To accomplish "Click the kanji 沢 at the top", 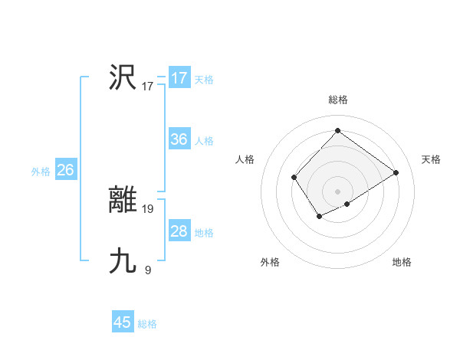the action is (123, 77).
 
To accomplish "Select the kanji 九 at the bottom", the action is (123, 261).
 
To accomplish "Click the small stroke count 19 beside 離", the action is (149, 208).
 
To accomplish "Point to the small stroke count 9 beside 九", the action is (148, 270).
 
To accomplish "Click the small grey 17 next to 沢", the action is (148, 87).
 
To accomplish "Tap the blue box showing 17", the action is (179, 78).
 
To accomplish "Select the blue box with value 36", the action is (179, 139).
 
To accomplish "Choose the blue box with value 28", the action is (179, 231).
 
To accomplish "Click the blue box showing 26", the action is (65, 170).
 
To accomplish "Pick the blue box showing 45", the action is (122, 322).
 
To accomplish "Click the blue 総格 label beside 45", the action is (147, 324).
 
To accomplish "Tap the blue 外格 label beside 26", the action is (41, 172).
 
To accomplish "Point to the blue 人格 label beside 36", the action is (204, 141).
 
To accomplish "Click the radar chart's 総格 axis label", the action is (337, 100).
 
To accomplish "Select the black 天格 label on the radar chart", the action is (431, 159).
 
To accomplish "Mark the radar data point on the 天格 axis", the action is (396, 172).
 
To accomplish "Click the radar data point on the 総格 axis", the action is (337, 130).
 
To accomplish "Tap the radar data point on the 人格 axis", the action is (294, 178).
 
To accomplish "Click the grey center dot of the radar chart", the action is (337, 191).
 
